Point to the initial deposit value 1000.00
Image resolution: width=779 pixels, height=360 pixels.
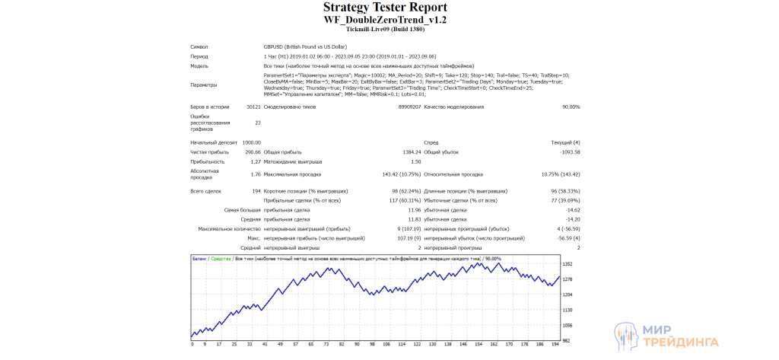point(251,142)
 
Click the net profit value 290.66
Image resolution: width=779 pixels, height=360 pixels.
point(253,152)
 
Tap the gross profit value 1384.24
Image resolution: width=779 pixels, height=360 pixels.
point(410,152)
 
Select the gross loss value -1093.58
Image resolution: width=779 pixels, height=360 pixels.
point(564,152)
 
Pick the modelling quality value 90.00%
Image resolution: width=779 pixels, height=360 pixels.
point(570,107)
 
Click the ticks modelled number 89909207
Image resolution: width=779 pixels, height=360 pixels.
point(409,107)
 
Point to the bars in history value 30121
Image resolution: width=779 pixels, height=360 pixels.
point(253,107)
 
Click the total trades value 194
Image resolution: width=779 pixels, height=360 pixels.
point(256,190)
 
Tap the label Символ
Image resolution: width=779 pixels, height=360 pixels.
point(199,47)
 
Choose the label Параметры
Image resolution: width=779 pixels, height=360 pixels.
point(203,85)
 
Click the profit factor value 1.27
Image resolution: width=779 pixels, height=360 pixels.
point(256,162)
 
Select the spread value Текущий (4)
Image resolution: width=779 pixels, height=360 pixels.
point(565,142)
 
